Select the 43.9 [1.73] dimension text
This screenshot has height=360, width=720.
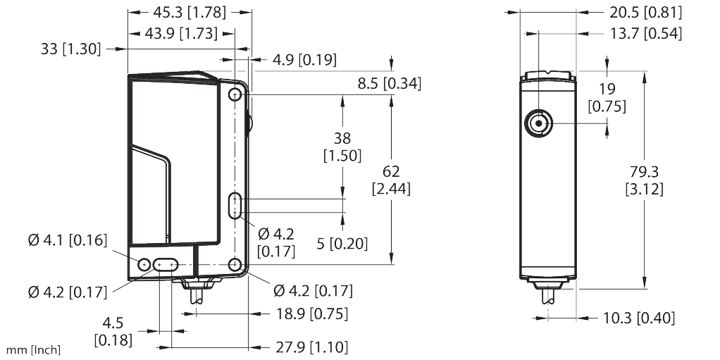coord(180,33)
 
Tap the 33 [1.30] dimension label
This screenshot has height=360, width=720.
coord(70,49)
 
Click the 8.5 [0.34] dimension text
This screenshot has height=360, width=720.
coord(389,84)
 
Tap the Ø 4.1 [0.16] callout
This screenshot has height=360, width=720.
coord(67,241)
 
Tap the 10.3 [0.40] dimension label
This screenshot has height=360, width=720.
coord(638,318)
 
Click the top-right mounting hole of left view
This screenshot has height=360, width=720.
coord(235,96)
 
